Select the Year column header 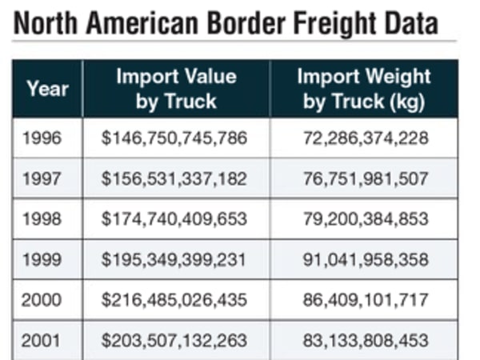click(x=47, y=88)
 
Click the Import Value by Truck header click(x=176, y=88)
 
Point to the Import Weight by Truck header click(x=364, y=88)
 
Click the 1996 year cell click(x=42, y=138)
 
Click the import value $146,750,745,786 click(x=174, y=138)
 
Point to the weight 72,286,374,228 click(x=365, y=138)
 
